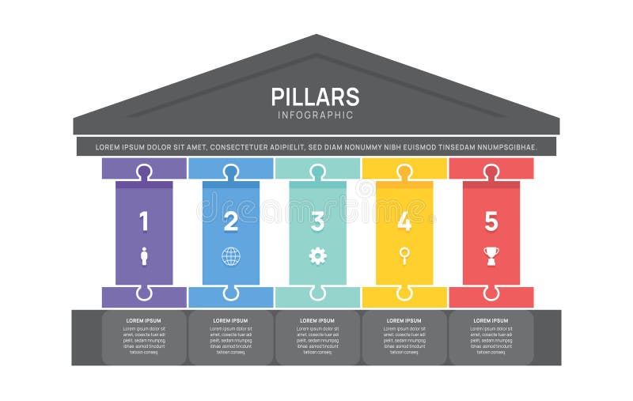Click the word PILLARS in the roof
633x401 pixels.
coord(315,96)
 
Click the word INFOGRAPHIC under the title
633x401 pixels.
coord(315,115)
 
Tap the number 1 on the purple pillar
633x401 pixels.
coord(144,221)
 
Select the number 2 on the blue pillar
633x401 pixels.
coord(230,221)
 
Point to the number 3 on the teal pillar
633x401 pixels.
coord(317,221)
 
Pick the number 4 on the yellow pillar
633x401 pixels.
coord(404,221)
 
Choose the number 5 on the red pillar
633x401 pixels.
coord(491,221)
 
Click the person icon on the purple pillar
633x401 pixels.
coord(144,255)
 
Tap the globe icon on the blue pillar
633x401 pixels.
coord(230,255)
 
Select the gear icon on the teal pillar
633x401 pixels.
coord(317,255)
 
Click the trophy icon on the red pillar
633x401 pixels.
coord(491,255)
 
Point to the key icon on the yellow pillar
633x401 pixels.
coord(404,255)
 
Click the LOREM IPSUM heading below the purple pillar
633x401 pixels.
coord(144,320)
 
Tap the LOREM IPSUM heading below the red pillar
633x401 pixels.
coord(491,320)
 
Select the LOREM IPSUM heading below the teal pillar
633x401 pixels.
coord(317,320)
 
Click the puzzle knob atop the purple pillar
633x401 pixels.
coord(144,171)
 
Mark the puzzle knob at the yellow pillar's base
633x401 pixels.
coord(404,293)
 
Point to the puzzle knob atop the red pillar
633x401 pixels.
coord(491,171)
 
